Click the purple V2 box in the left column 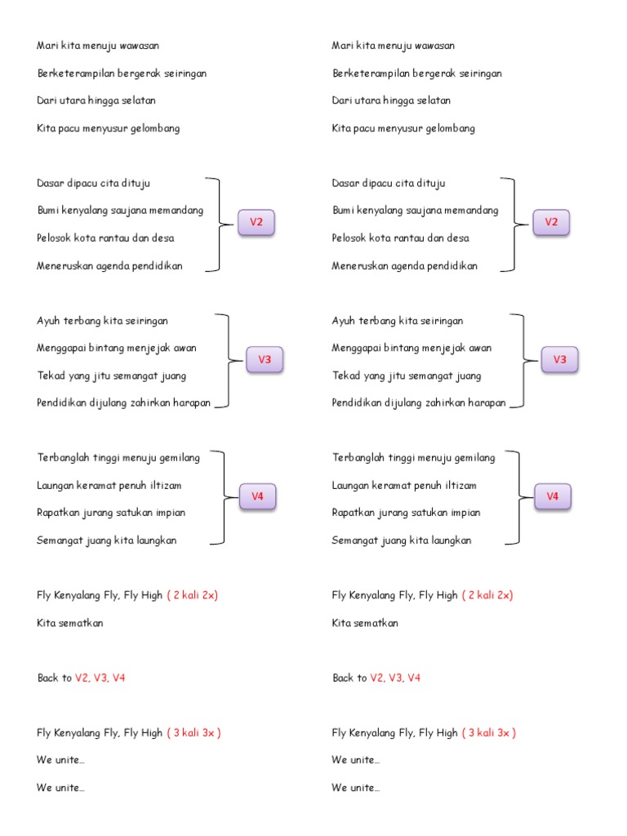(x=256, y=223)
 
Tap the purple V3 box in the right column (x=560, y=360)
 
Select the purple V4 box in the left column (x=257, y=496)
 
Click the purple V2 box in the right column (x=551, y=223)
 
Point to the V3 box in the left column (x=265, y=360)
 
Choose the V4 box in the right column (x=553, y=496)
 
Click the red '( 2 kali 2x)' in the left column (x=193, y=595)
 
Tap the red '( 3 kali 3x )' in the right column (x=489, y=732)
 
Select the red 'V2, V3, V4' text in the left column (x=100, y=678)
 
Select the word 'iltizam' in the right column (x=460, y=485)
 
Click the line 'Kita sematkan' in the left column (x=70, y=623)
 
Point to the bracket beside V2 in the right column (x=512, y=223)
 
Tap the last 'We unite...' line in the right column (x=356, y=788)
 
